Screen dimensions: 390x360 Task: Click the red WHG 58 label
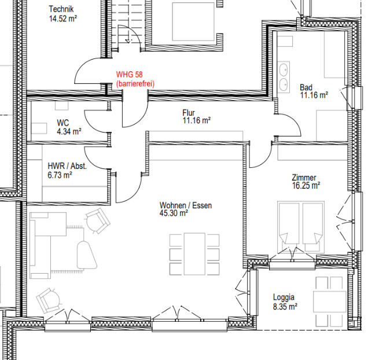click(x=130, y=75)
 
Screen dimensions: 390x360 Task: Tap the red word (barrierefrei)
click(x=135, y=83)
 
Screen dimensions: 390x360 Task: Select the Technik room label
click(x=61, y=9)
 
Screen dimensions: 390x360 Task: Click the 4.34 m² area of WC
click(x=69, y=131)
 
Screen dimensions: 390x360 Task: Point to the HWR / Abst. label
click(x=67, y=166)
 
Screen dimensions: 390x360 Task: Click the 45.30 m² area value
click(x=174, y=213)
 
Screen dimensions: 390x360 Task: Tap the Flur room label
click(x=189, y=113)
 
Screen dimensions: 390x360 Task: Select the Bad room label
click(x=306, y=87)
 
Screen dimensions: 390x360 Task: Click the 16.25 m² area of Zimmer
click(x=306, y=186)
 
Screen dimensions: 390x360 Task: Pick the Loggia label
click(x=284, y=297)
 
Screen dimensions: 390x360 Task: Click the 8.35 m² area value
click(x=285, y=307)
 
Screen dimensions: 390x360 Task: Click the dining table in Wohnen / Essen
click(x=194, y=254)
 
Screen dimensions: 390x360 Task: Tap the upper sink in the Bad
click(x=284, y=69)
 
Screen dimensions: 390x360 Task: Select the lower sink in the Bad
click(x=284, y=85)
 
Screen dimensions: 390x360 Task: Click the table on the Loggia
click(x=330, y=302)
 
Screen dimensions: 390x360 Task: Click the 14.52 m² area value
click(x=63, y=19)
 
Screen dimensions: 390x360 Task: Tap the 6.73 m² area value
click(x=60, y=175)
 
